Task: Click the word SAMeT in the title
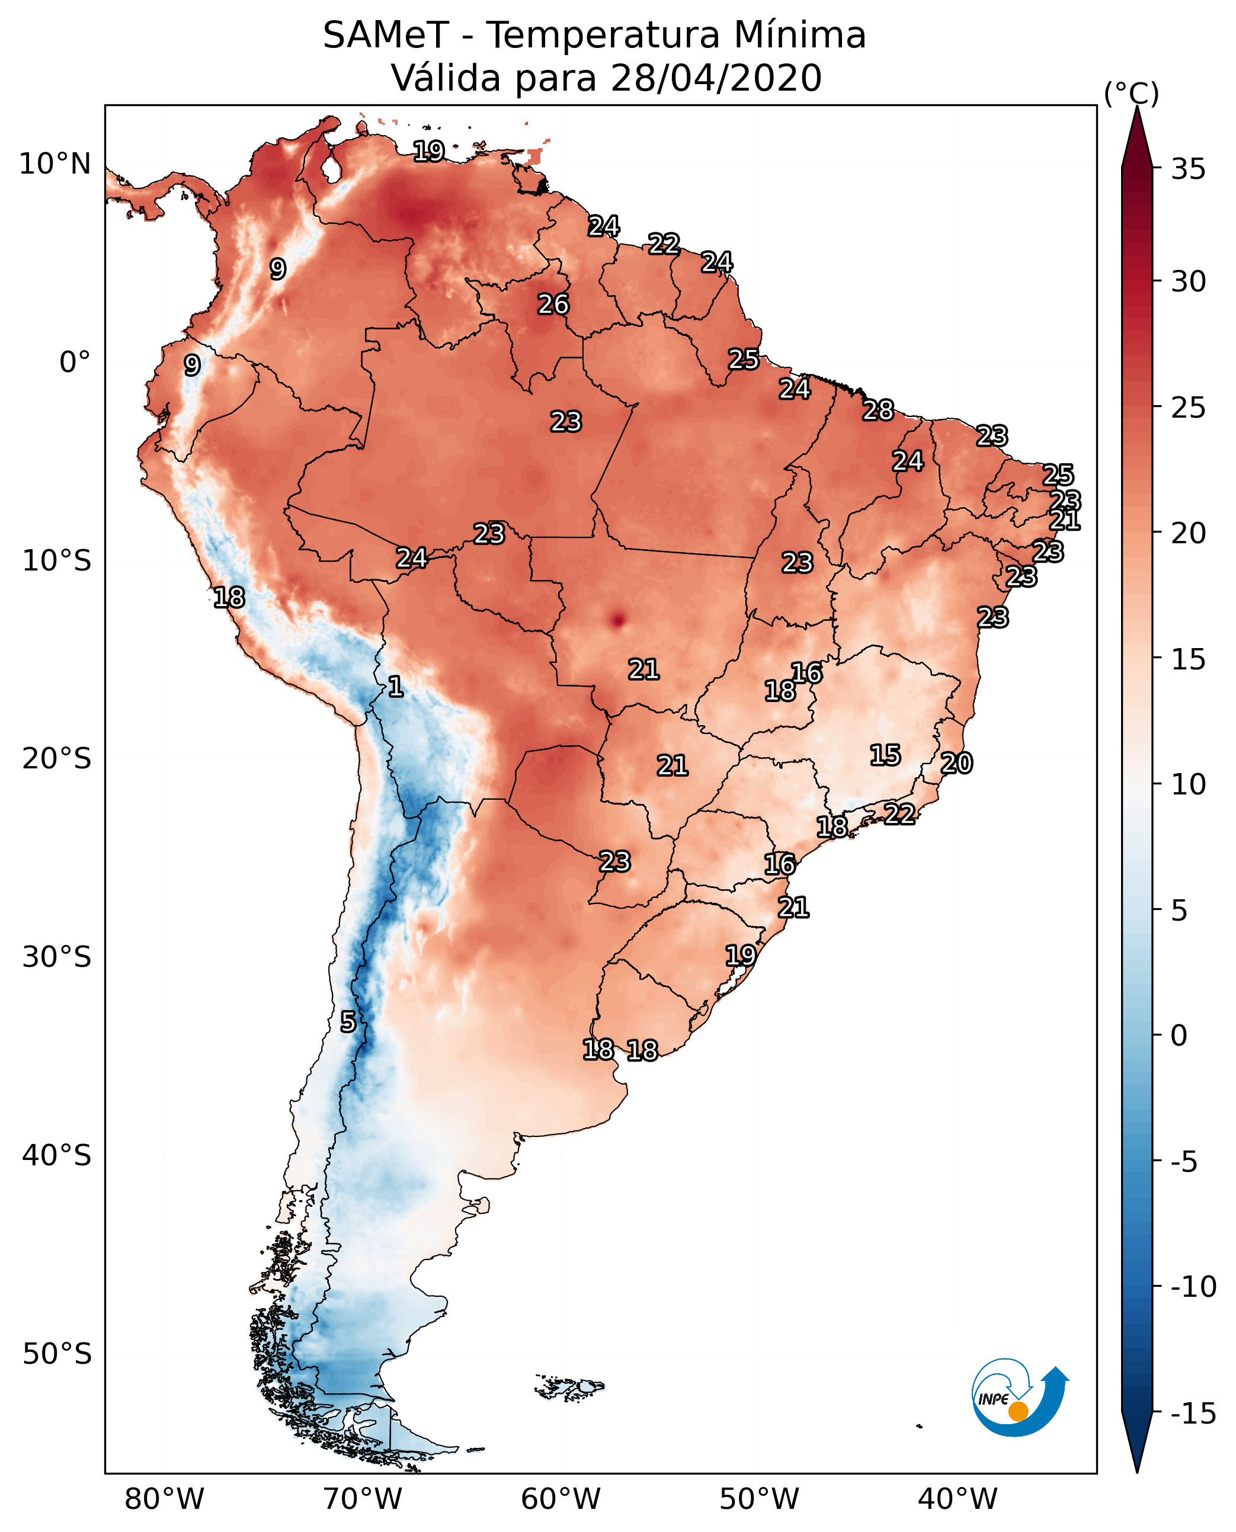coord(385,36)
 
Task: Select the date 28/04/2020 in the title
coord(716,78)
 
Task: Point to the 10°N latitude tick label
coord(55,165)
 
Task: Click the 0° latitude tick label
coord(75,363)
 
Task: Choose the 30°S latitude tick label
coord(57,957)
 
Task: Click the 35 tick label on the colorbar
coord(1188,169)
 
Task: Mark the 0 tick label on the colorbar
coord(1179,1036)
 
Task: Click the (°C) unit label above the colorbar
coord(1131,93)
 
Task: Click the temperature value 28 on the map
coord(878,411)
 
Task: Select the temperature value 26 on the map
coord(553,305)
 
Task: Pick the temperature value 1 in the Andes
coord(396,687)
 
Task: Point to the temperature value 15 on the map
coord(885,755)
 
